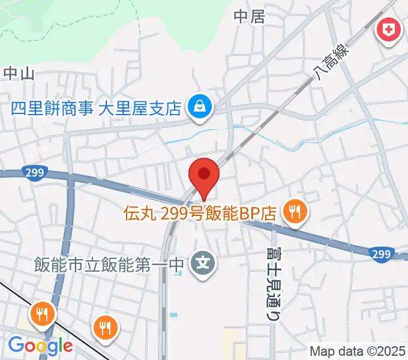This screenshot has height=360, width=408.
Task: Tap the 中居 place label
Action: pos(249,17)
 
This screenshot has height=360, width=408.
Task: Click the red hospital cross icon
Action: pos(388,29)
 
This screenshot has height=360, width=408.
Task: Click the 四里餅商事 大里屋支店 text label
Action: pos(96,109)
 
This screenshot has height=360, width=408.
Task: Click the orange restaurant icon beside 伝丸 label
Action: pos(295,211)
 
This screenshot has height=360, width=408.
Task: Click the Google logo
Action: pos(40,345)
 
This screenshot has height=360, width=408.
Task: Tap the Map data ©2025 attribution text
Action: pos(358,350)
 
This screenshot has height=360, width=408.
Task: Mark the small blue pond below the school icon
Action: pos(173,314)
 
